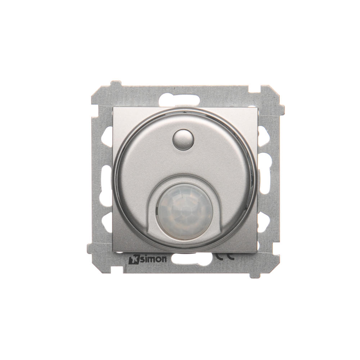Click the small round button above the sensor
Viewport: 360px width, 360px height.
(183, 139)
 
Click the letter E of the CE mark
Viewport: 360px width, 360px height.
(231, 256)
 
